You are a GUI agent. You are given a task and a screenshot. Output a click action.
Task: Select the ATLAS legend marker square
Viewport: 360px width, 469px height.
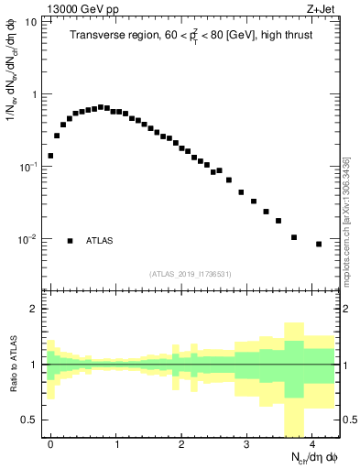pos(70,241)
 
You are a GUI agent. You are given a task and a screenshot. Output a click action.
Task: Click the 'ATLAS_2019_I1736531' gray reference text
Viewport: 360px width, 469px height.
pos(191,274)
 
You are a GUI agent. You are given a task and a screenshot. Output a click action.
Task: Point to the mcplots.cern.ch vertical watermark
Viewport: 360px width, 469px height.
pos(346,220)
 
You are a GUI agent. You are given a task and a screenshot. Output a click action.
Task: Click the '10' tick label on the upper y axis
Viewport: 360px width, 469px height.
pos(31,21)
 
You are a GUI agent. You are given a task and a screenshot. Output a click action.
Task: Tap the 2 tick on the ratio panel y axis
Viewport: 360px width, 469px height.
pos(35,309)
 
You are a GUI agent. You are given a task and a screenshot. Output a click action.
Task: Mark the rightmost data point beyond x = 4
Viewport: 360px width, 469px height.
pos(319,244)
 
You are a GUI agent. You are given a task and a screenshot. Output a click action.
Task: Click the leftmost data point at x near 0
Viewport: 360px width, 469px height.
pos(50,156)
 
